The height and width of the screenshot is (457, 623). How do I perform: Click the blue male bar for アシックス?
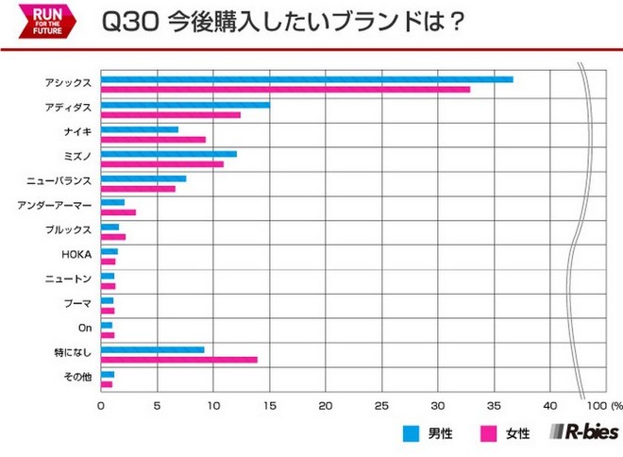point(307,79)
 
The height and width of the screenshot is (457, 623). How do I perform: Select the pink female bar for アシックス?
point(285,90)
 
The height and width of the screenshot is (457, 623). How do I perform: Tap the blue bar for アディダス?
point(185,104)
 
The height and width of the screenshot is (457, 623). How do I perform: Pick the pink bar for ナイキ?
point(153,140)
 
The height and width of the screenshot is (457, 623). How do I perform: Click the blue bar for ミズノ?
point(168,154)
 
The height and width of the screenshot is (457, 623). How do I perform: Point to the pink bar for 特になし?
point(178,360)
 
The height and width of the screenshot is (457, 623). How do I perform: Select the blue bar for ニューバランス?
point(143,178)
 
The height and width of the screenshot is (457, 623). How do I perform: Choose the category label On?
point(84,329)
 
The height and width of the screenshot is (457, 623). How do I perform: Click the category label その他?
point(77,378)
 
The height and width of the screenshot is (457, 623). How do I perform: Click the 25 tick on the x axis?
point(381,407)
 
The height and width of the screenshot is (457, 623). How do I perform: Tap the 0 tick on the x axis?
point(101,407)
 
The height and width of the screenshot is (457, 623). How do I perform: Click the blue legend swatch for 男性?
point(411,433)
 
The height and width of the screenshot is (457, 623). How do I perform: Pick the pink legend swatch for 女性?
point(490,433)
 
